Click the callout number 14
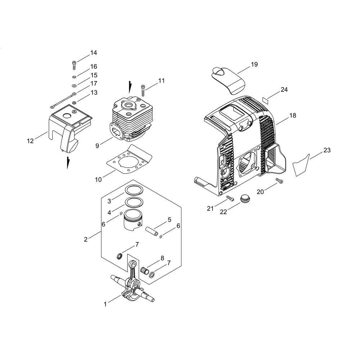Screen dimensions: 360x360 94,53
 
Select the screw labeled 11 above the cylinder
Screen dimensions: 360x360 144,90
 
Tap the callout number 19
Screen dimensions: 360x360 255,64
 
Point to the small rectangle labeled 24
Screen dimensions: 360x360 264,99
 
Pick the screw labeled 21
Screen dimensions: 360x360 230,198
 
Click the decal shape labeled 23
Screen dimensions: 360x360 301,165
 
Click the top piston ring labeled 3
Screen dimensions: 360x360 134,189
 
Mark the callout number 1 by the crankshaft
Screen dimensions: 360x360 105,304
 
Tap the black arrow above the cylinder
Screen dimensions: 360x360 130,87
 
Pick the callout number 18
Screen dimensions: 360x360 292,116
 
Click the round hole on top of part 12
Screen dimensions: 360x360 67,116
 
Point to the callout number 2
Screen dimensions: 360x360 86,239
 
